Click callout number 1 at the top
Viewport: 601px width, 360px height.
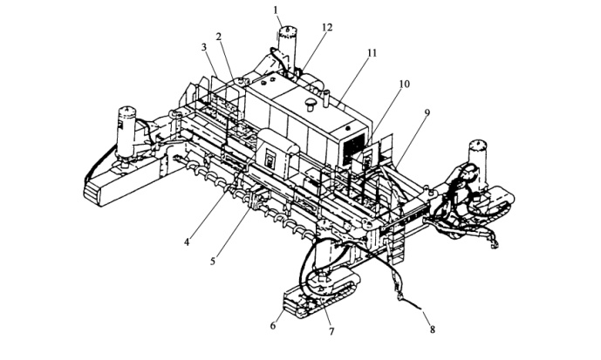(x=277, y=10)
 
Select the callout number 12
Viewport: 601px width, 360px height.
(x=326, y=27)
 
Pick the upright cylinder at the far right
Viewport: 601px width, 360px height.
(x=479, y=157)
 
